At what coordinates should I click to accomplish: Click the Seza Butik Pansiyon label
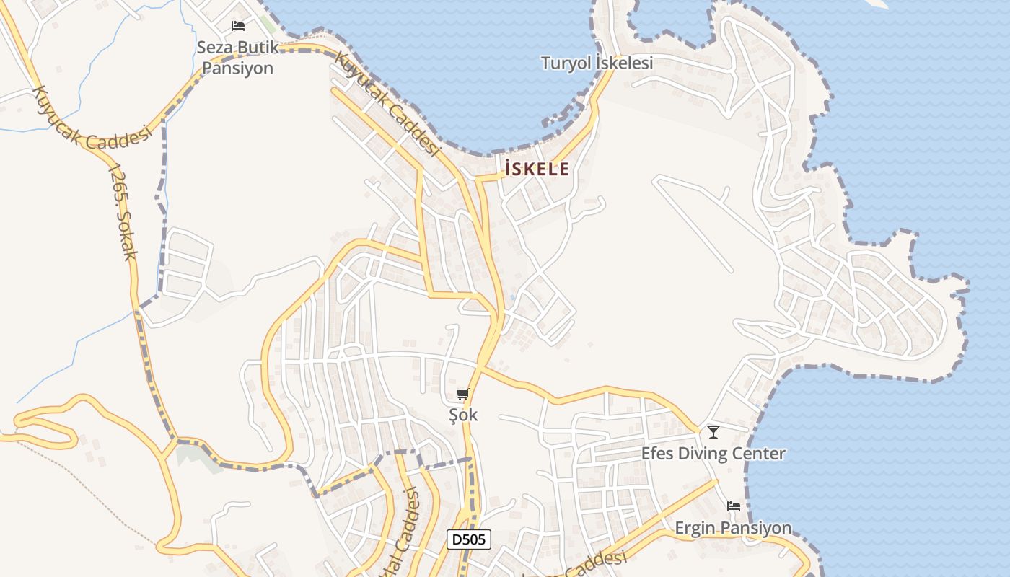point(237,58)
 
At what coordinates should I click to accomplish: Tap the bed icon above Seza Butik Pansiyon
point(238,26)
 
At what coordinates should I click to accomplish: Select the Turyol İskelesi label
point(597,63)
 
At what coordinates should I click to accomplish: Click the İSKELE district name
point(537,169)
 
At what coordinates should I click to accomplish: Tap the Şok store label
point(463,415)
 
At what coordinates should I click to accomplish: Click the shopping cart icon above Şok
point(463,395)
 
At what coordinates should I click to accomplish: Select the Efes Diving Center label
point(713,454)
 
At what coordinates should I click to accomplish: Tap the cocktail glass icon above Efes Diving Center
point(713,432)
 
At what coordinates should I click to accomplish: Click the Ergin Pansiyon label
point(733,528)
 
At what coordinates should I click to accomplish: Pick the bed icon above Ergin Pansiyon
point(734,506)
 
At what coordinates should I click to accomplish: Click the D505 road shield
point(469,539)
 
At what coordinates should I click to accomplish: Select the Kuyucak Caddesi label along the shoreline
point(389,105)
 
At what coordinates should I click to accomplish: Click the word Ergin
point(695,528)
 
